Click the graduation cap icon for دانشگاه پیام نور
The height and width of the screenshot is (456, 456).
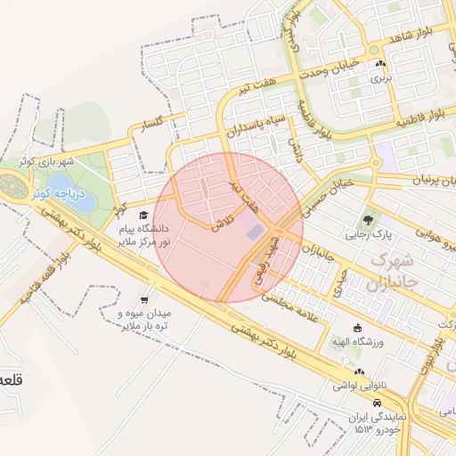coord(144,215)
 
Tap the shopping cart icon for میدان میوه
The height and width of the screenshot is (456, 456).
coord(145,300)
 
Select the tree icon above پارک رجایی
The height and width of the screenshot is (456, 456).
coord(367,219)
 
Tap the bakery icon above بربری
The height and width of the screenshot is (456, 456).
coord(381,63)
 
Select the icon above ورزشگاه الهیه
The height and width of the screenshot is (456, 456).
coord(358,327)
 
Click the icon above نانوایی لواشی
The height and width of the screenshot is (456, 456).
coord(358,370)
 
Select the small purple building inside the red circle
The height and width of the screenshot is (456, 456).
coord(256,232)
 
